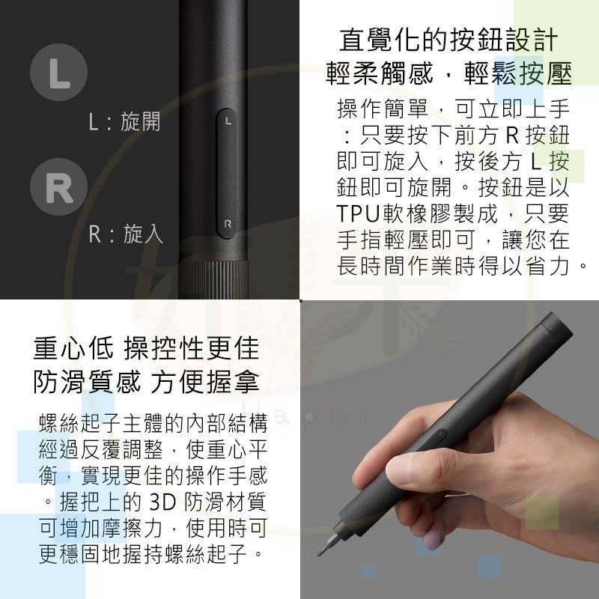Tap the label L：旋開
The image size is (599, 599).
(124, 122)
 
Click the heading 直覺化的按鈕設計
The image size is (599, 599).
(449, 40)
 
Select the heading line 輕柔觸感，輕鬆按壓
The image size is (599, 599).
(449, 73)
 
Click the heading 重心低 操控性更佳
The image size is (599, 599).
(146, 348)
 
